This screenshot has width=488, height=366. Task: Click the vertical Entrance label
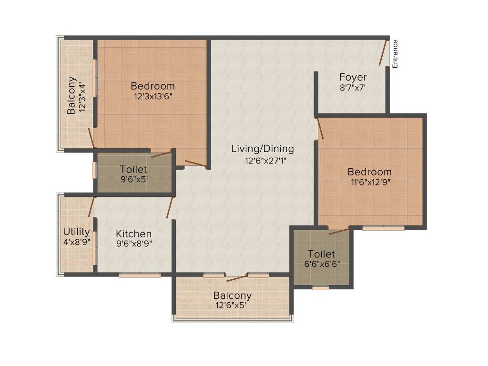(395, 54)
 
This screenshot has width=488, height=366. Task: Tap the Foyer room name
(353, 77)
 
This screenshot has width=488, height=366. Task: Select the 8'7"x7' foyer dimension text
(353, 88)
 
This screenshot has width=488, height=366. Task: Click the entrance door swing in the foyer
(383, 52)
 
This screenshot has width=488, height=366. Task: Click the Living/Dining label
(263, 149)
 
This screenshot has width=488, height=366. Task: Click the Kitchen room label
(134, 234)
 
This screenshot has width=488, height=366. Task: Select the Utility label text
(76, 232)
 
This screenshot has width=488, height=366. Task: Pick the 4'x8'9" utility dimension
(76, 242)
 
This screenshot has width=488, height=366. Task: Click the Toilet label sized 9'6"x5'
(133, 169)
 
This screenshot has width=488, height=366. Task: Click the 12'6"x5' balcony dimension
(232, 305)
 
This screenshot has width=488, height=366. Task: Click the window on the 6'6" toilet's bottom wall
(321, 288)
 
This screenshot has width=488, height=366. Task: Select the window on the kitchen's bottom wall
(140, 275)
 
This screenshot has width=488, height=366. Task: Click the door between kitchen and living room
(169, 208)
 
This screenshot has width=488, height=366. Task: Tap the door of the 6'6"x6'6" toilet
(338, 232)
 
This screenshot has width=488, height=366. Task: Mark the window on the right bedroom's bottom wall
(383, 228)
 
